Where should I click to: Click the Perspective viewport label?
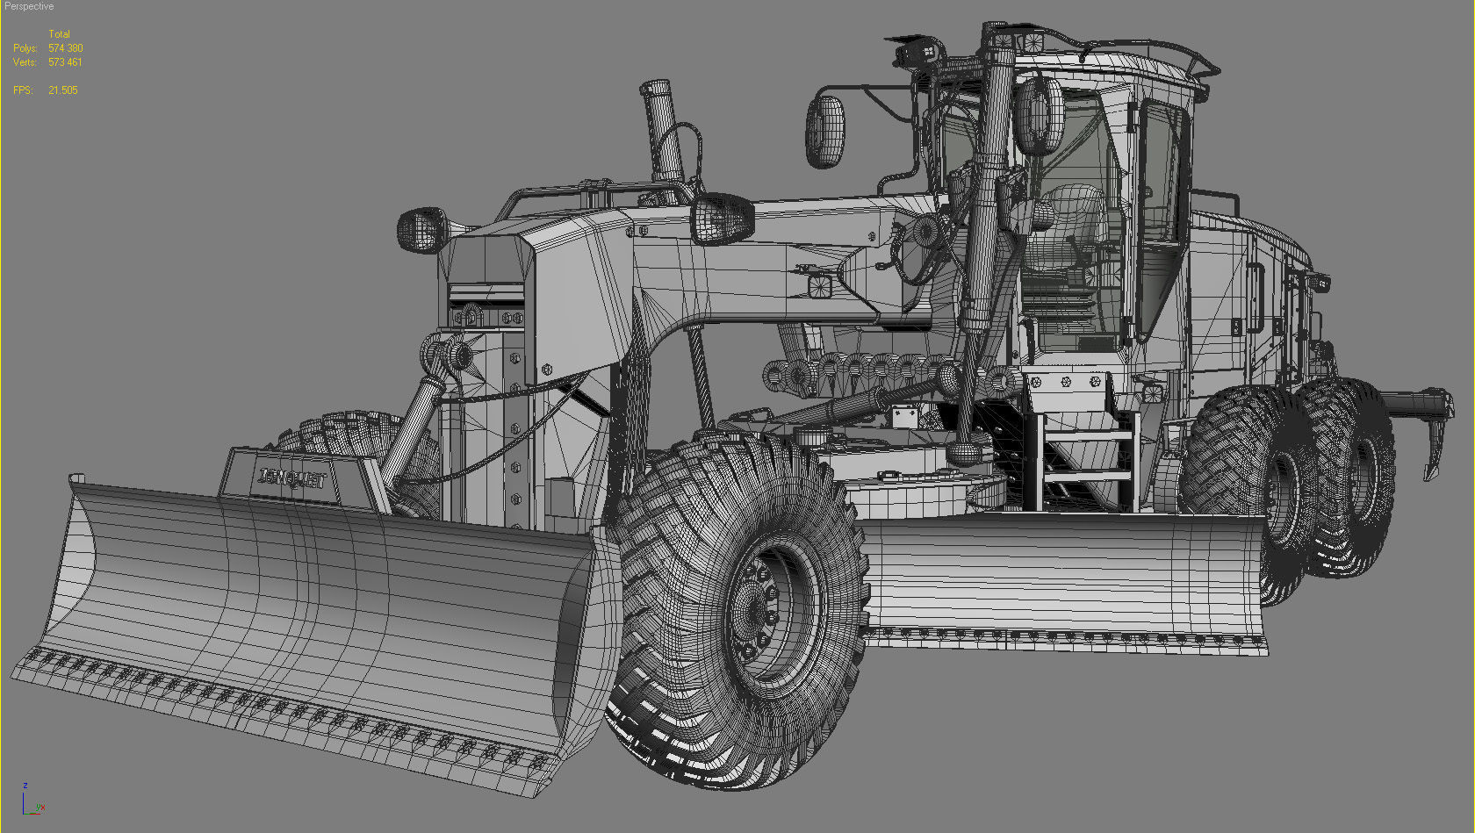tap(29, 6)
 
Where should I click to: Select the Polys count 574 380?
tap(66, 48)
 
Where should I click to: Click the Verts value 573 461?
tap(65, 62)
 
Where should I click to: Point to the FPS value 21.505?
tap(63, 90)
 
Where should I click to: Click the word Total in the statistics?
tap(59, 34)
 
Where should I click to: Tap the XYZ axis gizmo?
tap(32, 801)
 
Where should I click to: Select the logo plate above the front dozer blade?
tap(292, 479)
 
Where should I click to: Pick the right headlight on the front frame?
tap(721, 219)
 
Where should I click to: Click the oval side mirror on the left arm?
tap(825, 132)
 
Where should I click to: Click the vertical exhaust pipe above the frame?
tap(662, 132)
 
